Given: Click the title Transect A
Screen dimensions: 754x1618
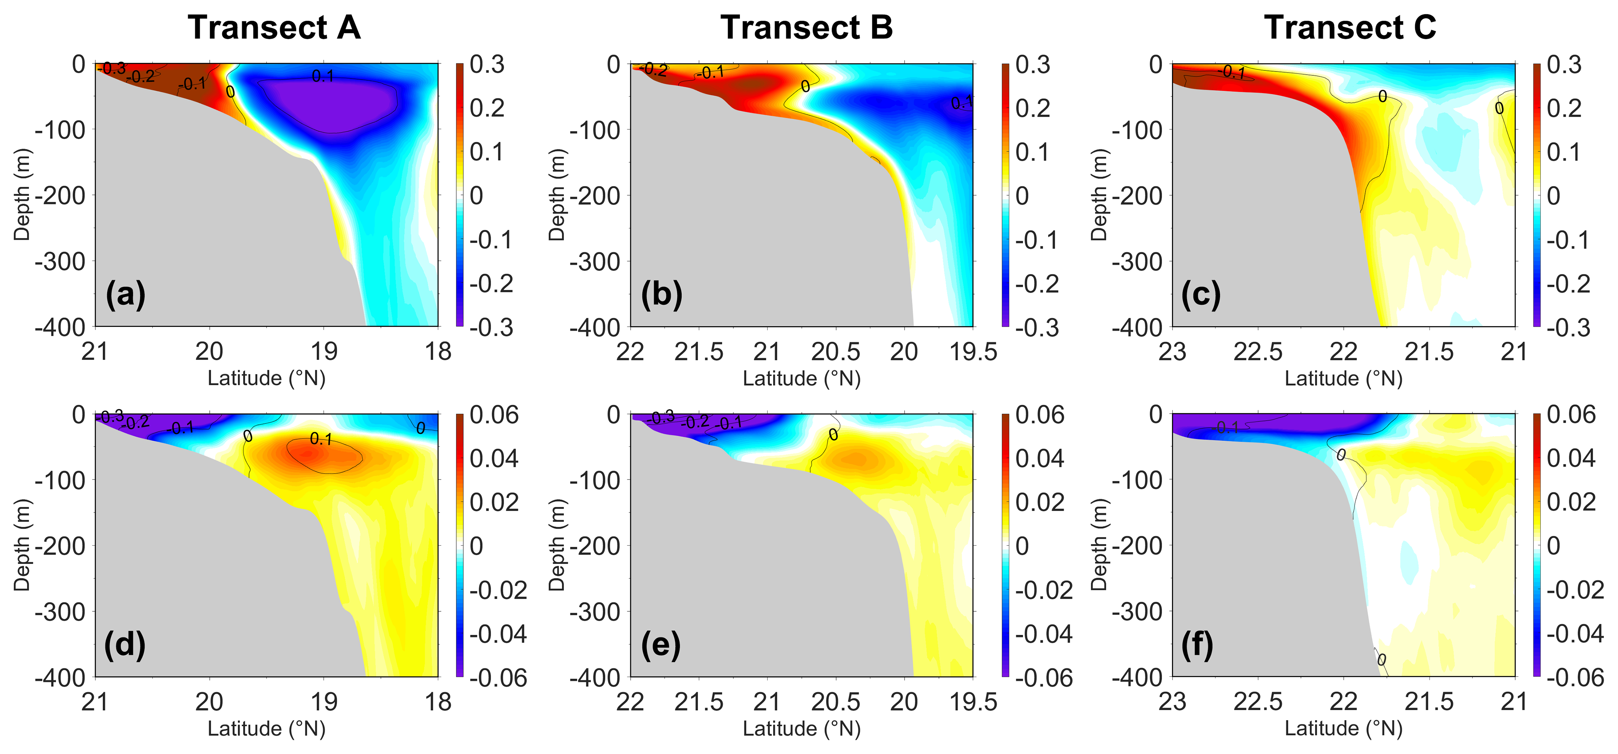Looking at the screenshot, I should pos(274,28).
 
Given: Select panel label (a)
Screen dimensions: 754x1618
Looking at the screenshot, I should pos(125,294).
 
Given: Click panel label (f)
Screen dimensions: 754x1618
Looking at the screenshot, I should pos(1197,644).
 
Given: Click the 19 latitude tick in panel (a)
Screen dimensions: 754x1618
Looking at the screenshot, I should pos(324,351).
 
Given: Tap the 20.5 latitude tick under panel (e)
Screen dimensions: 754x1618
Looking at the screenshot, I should pos(835,702).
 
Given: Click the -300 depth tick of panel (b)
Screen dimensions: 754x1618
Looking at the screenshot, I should pos(595,261).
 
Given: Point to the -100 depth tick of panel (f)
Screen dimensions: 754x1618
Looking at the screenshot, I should pos(1137,480).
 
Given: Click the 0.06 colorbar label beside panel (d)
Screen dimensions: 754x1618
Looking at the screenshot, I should pos(494,415).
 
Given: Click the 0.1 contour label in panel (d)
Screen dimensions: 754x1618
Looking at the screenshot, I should pos(321,439).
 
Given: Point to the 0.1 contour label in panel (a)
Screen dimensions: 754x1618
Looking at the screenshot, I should pos(323,77).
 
